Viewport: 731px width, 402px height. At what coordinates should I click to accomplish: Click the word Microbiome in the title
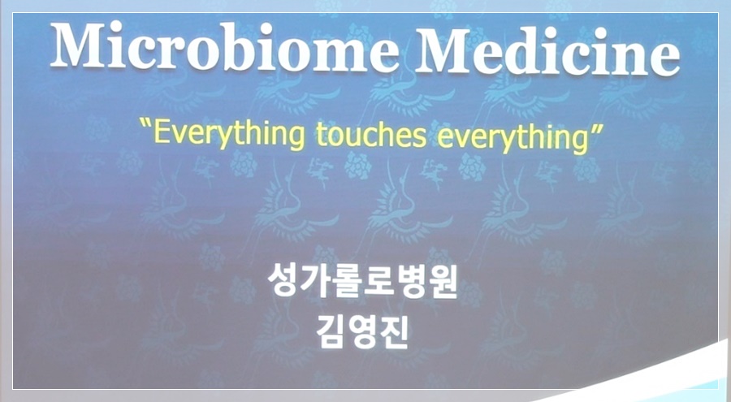(224, 46)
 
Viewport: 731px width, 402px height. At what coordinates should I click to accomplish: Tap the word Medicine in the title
(547, 50)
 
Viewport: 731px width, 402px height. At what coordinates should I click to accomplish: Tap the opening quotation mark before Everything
(146, 125)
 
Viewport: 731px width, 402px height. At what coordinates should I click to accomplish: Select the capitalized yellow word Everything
(229, 134)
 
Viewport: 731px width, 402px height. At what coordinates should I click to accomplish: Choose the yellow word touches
(371, 134)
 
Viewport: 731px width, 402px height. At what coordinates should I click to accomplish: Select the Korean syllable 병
(410, 282)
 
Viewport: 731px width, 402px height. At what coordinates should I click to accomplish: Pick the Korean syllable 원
(442, 283)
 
